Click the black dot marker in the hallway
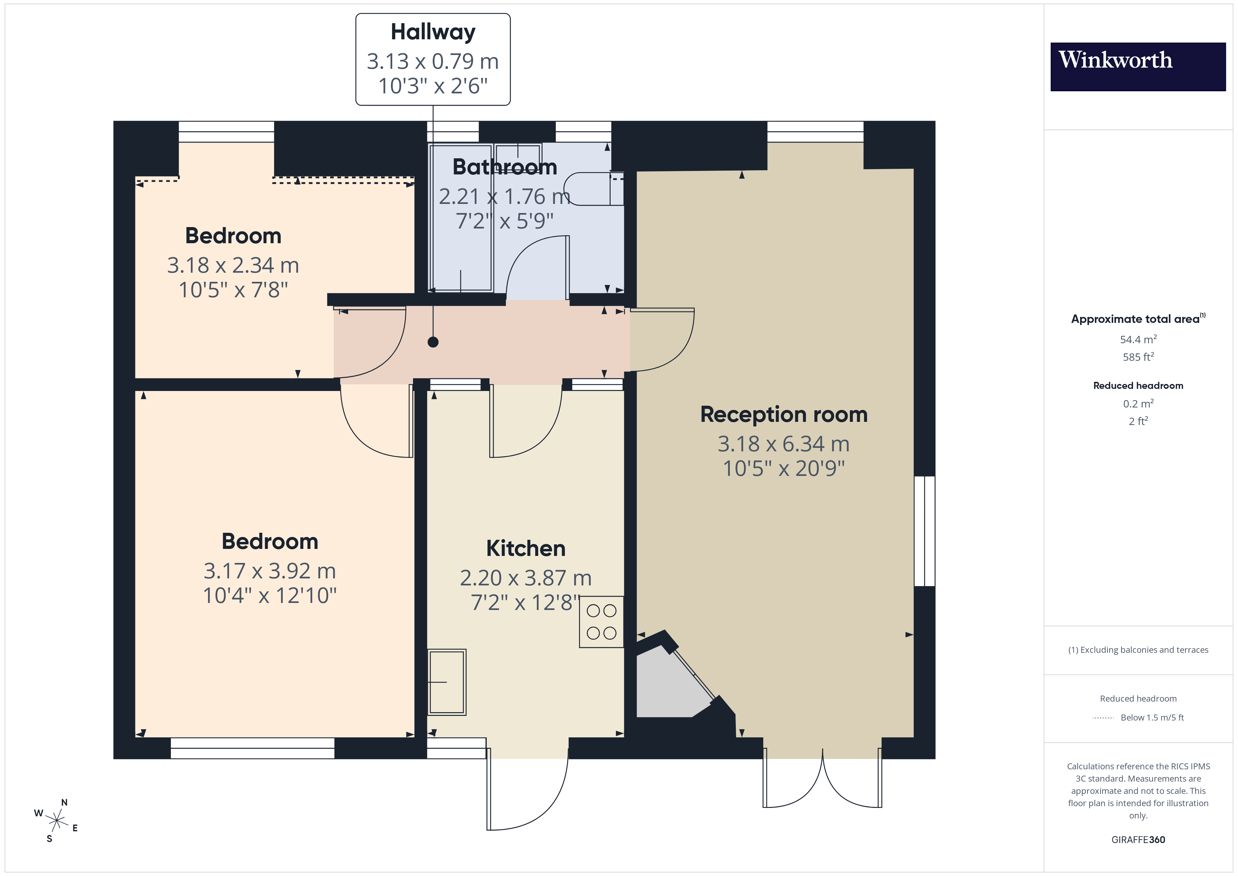tap(433, 342)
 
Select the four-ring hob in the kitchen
tap(601, 622)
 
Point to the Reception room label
tap(784, 414)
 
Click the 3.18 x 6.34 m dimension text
tap(784, 444)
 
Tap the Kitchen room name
tap(526, 548)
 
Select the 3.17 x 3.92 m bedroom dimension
tap(269, 571)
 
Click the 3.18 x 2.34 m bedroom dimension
tap(233, 265)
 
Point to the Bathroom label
tap(504, 167)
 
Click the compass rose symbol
tap(56, 821)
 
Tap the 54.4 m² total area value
tap(1138, 339)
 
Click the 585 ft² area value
tap(1138, 357)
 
